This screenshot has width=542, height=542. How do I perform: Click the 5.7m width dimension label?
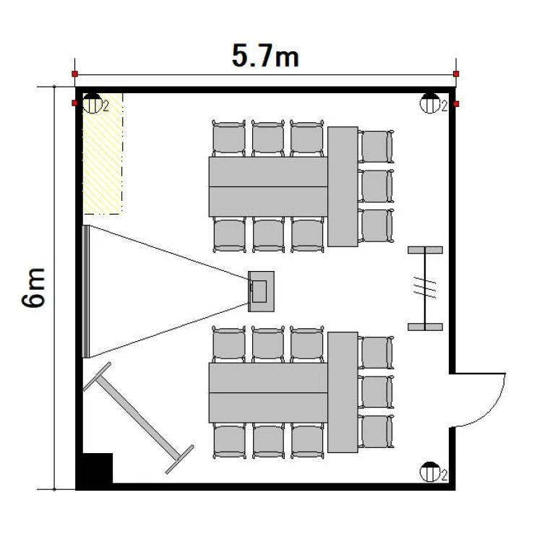click(265, 56)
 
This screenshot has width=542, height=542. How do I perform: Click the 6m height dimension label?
click(33, 288)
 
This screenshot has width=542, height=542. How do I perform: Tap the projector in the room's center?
click(261, 291)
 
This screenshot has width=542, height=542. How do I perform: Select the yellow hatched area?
click(103, 153)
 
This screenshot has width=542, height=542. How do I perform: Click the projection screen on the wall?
click(86, 291)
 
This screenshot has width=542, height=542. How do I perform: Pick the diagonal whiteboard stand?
click(138, 418)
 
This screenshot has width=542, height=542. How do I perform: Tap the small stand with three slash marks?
click(425, 288)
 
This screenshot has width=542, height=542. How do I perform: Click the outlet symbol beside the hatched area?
click(93, 103)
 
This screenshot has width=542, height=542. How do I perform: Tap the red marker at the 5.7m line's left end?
click(74, 74)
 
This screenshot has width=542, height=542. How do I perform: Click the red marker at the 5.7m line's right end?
click(456, 74)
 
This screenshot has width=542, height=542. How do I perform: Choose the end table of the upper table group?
click(343, 186)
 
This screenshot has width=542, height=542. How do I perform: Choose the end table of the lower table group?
click(343, 392)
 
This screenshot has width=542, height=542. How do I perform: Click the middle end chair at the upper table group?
click(376, 186)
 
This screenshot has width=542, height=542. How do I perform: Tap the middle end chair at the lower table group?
click(376, 392)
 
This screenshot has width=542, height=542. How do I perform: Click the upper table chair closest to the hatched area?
click(229, 138)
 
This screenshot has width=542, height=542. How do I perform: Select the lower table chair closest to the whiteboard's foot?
click(229, 441)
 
